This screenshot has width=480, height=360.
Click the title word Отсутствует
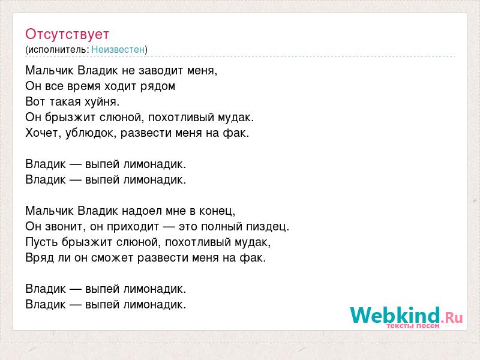[x=67, y=34]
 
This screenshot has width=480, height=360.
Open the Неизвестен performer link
[x=118, y=49]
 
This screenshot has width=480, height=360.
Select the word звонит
[x=64, y=227]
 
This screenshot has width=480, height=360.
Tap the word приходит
[x=133, y=227]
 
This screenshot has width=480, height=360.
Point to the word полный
[x=220, y=227]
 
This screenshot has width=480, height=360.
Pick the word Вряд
[x=40, y=258]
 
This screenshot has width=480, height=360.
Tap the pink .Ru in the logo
[x=452, y=317]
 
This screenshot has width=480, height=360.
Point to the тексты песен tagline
[x=413, y=326]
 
